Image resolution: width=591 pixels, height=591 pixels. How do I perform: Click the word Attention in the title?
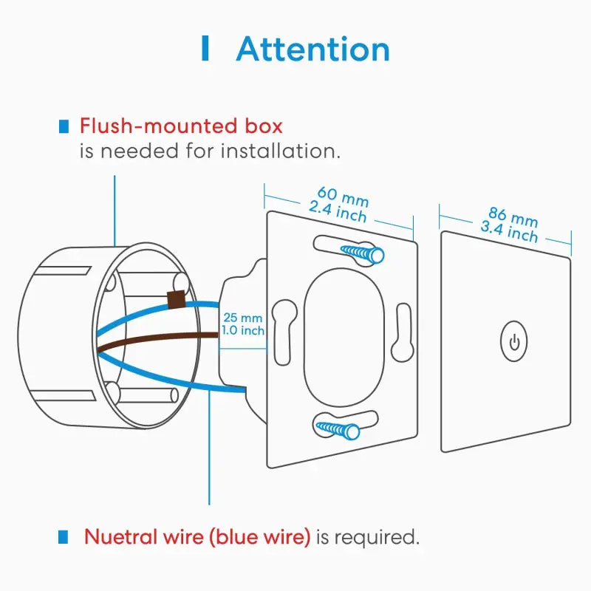click(x=312, y=49)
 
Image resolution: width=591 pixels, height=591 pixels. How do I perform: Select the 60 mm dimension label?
click(x=343, y=198)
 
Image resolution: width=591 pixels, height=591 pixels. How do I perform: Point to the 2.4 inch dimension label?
click(x=338, y=212)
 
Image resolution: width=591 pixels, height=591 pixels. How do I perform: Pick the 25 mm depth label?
click(x=242, y=318)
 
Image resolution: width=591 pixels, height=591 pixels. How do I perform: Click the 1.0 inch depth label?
click(x=242, y=331)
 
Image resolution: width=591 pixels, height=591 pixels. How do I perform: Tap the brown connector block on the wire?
click(x=177, y=299)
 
